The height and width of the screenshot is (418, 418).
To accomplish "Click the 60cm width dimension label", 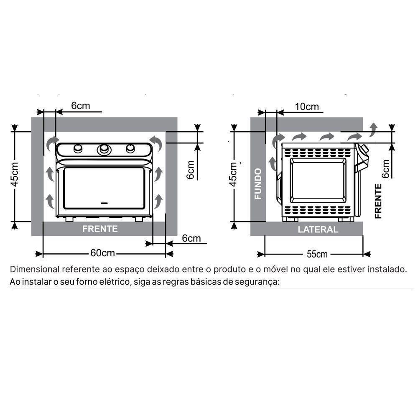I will click(102, 253).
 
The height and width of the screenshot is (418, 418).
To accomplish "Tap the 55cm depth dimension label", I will click(317, 254).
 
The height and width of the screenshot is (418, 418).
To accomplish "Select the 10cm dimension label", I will click(306, 106).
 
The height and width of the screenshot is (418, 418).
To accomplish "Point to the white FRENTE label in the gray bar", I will click(100, 229).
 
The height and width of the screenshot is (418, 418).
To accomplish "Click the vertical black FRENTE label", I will click(378, 201).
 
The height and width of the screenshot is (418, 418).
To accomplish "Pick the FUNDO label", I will click(258, 184).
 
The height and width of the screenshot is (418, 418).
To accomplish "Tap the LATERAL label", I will click(318, 229).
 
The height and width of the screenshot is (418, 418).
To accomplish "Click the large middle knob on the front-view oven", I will click(104, 149).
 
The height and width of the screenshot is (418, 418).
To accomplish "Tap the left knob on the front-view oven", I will click(78, 148).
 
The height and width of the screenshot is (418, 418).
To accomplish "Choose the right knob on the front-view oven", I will click(130, 148).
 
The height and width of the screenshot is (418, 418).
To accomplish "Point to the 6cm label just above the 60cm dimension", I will click(191, 238).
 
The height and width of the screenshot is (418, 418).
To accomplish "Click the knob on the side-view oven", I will click(364, 149).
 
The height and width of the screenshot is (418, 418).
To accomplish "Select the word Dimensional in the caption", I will click(35, 269).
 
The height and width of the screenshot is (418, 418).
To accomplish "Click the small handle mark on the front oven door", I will click(104, 203).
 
